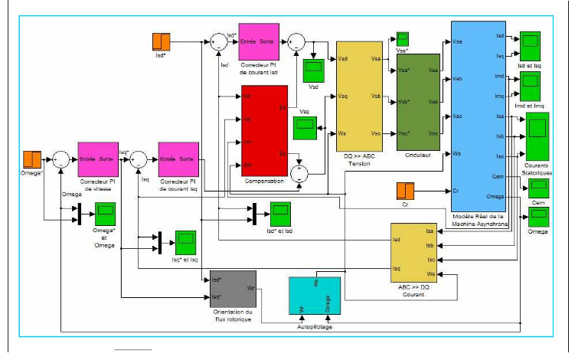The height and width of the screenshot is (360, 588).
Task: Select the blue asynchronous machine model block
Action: click(x=478, y=115)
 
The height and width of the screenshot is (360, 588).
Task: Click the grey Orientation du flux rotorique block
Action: click(x=233, y=289)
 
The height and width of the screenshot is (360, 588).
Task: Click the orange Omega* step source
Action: click(x=32, y=160)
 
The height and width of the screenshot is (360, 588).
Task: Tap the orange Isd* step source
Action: click(x=162, y=42)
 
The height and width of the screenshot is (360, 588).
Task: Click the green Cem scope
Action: click(x=540, y=188)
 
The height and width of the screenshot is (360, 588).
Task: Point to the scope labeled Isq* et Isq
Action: click(x=185, y=243)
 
